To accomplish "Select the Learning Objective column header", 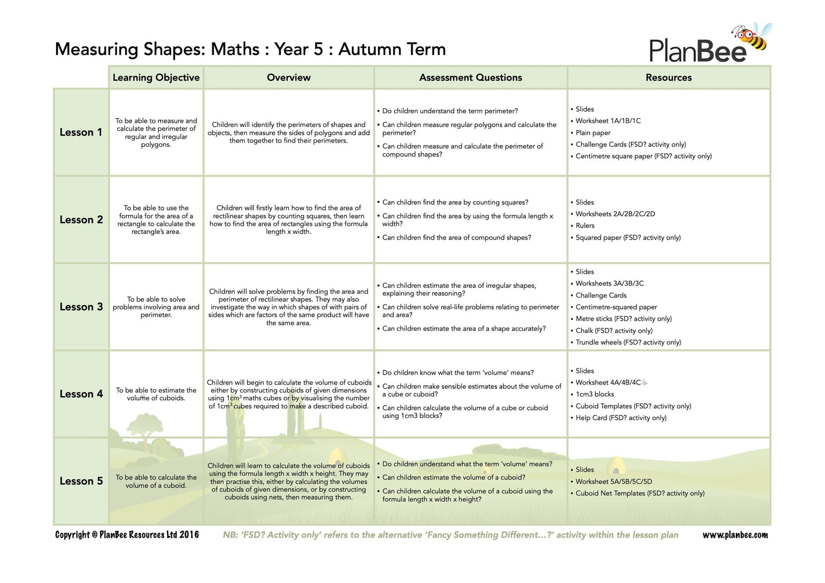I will coord(156,77).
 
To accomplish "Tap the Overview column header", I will coord(289,77).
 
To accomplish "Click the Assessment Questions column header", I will coord(470,77).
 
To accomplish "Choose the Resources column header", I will coord(668,77).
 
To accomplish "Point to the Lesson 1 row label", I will coord(81,132).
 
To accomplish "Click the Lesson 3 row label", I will coord(81,307).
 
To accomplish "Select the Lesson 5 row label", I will coord(81,481).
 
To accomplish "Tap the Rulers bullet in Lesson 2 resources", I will coord(585,226).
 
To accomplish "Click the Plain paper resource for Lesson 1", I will coord(593,133).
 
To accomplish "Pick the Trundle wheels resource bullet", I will coord(628,342).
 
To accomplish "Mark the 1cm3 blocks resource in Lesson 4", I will coord(595,395).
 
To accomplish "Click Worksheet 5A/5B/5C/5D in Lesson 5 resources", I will coord(613,481).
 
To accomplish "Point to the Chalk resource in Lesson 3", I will coord(614,331).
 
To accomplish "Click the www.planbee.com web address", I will coord(735,535).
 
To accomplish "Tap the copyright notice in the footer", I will coord(127,535).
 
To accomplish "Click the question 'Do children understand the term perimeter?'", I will coord(450,111).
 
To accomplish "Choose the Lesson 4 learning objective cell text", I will coord(156,394).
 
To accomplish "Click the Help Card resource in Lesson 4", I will coord(621,418).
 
